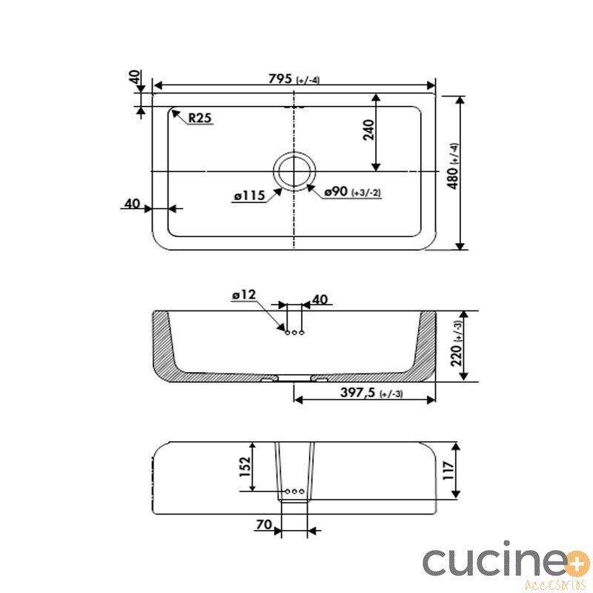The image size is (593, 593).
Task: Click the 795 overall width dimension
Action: [294, 79]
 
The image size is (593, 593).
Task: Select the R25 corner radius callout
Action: [200, 118]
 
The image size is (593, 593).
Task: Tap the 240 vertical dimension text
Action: [368, 130]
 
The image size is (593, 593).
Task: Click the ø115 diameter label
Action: [249, 196]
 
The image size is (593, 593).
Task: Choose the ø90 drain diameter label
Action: [353, 192]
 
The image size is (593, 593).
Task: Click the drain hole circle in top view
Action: [294, 172]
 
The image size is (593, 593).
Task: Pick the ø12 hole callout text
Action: [244, 294]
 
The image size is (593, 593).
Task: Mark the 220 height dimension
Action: [457, 344]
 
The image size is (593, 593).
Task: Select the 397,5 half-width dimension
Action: [371, 393]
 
